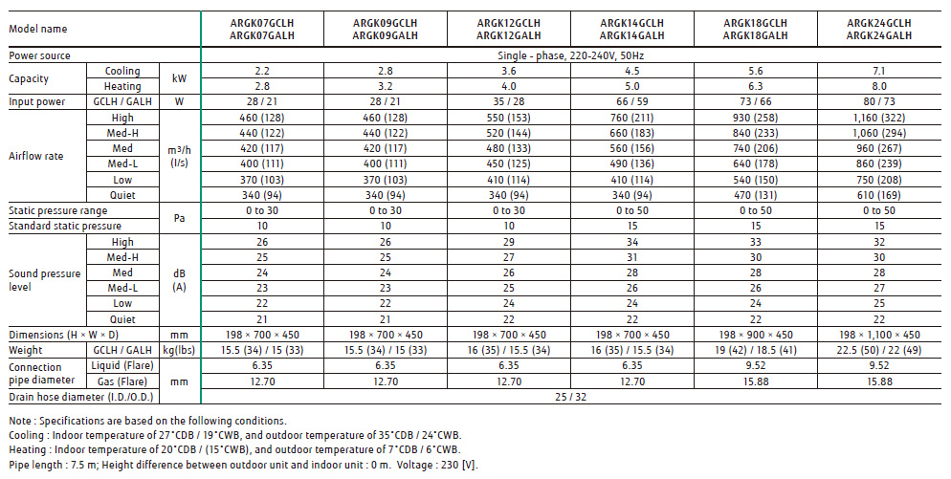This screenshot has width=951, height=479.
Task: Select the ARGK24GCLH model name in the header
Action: tap(878, 22)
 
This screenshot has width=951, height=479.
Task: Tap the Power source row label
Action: tap(39, 56)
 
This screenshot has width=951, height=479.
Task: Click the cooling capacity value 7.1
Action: tap(878, 71)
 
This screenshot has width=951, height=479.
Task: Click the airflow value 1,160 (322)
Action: tap(878, 118)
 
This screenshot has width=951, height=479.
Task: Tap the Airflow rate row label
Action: tap(36, 156)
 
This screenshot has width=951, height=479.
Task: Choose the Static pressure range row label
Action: tap(57, 210)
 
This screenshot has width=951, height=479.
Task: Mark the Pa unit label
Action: tap(180, 218)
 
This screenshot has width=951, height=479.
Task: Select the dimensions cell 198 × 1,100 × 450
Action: tap(878, 335)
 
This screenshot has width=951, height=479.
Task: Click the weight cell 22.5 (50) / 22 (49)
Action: tap(878, 350)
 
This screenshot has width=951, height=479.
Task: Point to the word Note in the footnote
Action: tap(19, 422)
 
